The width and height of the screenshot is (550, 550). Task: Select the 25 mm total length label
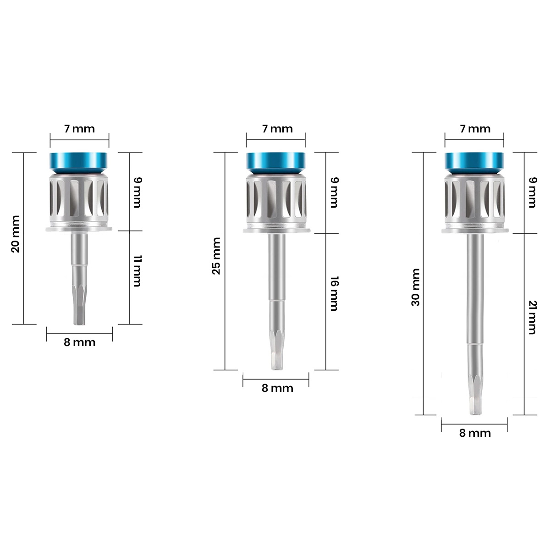[216, 256]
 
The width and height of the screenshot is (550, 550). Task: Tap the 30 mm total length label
[415, 288]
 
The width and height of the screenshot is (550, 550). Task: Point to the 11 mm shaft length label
[137, 272]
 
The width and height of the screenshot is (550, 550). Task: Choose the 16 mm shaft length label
[334, 294]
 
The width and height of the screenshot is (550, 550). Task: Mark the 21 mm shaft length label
[532, 317]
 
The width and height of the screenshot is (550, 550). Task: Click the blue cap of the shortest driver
[79, 162]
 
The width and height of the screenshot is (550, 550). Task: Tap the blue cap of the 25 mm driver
[275, 162]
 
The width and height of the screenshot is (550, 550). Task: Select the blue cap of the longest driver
[474, 162]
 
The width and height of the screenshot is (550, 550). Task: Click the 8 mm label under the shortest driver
[79, 342]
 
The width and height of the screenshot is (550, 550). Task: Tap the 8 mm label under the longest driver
[475, 433]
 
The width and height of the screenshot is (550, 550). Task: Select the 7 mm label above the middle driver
[277, 129]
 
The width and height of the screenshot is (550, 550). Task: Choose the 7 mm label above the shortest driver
[79, 129]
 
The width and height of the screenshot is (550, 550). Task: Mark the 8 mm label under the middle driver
[277, 388]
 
